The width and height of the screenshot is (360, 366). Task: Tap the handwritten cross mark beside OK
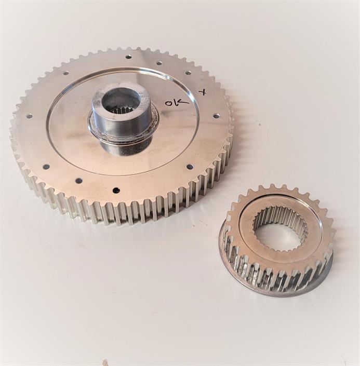click(x=203, y=92)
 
